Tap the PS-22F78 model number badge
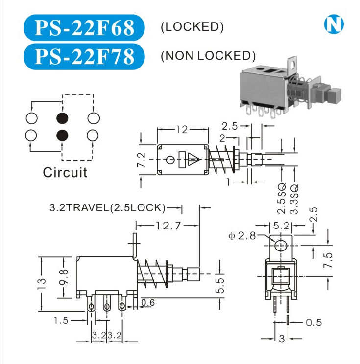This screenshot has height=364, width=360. [84, 56]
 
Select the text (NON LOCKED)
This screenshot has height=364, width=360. [208, 55]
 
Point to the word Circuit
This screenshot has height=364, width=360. [65, 172]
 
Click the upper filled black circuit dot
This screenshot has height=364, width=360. [62, 118]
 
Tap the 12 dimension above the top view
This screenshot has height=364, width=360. [182, 130]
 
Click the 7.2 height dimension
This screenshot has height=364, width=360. [141, 159]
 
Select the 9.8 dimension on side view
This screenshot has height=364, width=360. [64, 277]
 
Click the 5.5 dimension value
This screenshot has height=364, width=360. [220, 285]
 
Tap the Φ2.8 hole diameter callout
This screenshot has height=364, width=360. [242, 236]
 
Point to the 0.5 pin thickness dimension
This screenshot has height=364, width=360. [313, 322]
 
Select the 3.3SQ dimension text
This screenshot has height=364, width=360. [294, 198]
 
